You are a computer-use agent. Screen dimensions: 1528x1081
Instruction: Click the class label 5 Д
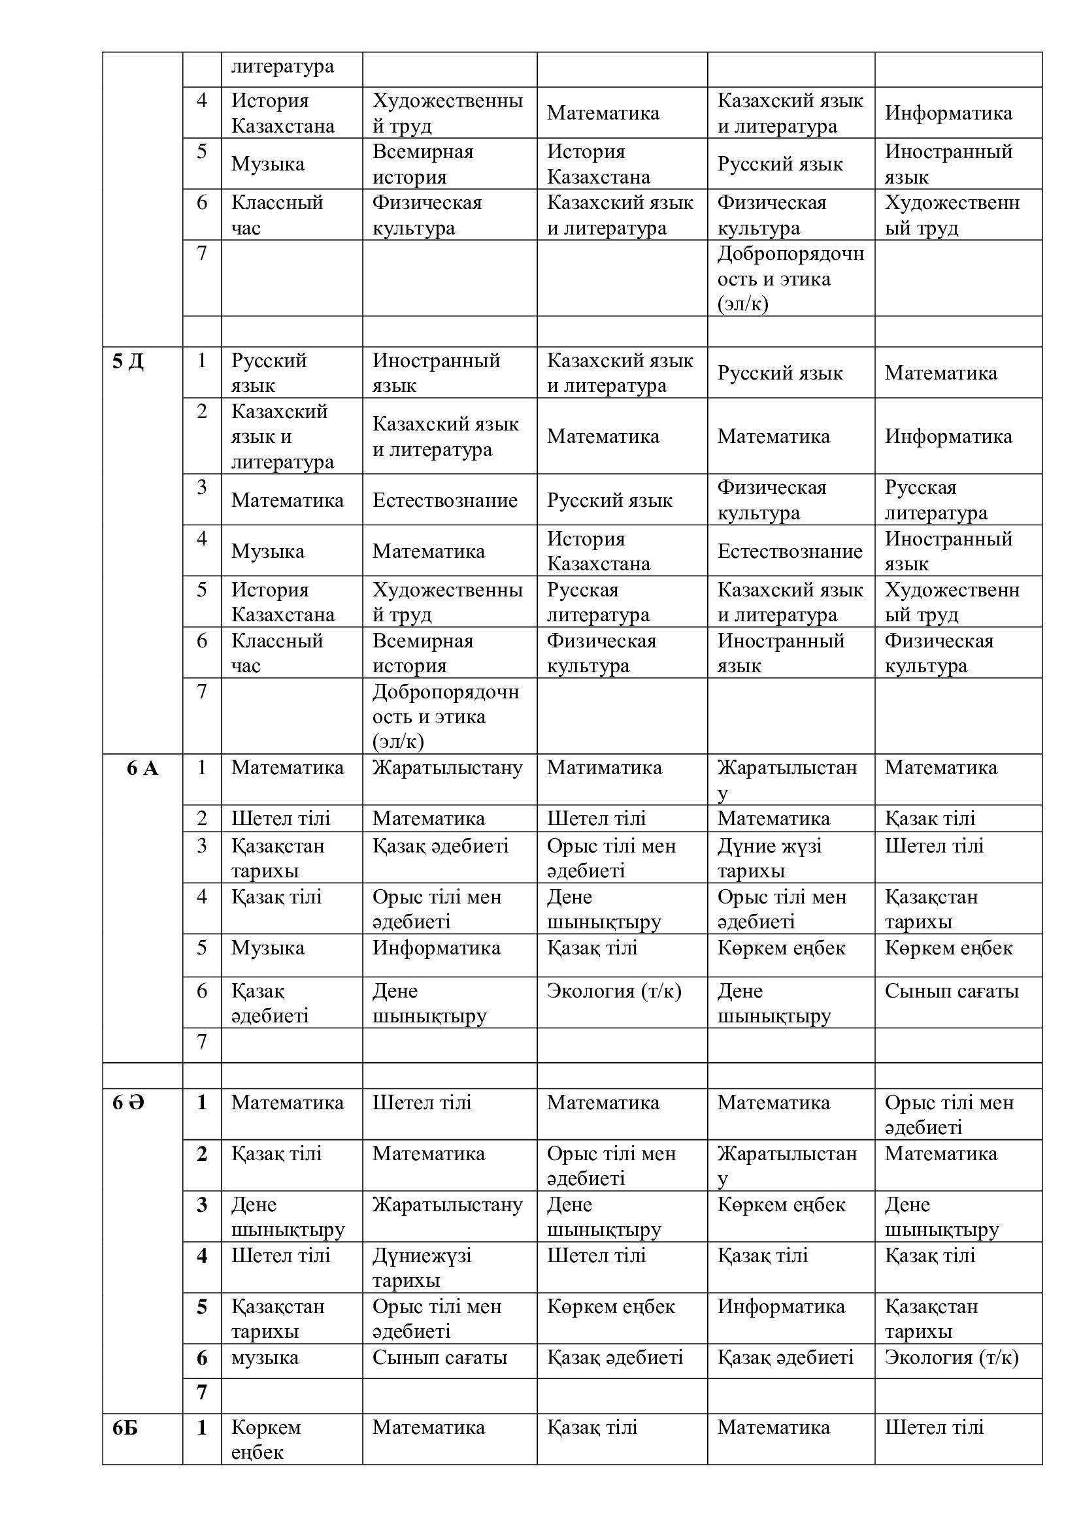point(128,362)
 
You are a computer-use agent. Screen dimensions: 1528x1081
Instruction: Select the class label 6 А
point(142,769)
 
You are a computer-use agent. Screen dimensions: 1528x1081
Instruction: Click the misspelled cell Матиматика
point(604,768)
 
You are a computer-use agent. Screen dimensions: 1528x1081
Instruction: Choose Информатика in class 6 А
point(436,948)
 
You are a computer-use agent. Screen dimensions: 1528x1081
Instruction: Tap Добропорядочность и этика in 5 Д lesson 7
point(445,717)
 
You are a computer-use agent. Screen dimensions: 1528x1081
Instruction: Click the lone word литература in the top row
point(282,67)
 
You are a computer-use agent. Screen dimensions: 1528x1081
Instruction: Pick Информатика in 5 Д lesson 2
point(948,436)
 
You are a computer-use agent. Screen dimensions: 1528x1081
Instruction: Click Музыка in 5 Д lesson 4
point(267,551)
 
